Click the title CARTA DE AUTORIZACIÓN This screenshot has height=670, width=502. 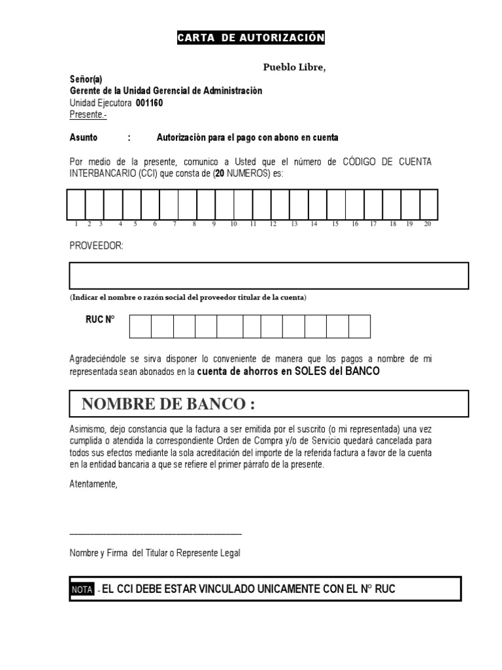click(x=250, y=38)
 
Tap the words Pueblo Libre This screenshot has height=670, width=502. click(x=293, y=67)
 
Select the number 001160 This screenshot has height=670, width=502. click(x=150, y=103)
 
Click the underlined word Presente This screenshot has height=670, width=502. click(x=86, y=115)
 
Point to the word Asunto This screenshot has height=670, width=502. click(x=84, y=137)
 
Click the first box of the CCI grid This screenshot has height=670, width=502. click(x=76, y=204)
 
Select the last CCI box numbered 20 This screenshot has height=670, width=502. click(x=429, y=204)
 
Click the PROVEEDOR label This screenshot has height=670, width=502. click(x=96, y=245)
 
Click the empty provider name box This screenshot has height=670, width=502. click(x=269, y=275)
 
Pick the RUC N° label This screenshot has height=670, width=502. click(x=99, y=320)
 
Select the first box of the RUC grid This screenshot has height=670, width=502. click(x=141, y=326)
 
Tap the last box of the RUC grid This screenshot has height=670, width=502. click(x=359, y=326)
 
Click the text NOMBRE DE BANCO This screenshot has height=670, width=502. click(x=168, y=404)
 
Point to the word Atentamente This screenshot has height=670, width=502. click(x=94, y=484)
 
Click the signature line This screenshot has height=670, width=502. click(x=156, y=534)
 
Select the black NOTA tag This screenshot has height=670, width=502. click(x=82, y=590)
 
